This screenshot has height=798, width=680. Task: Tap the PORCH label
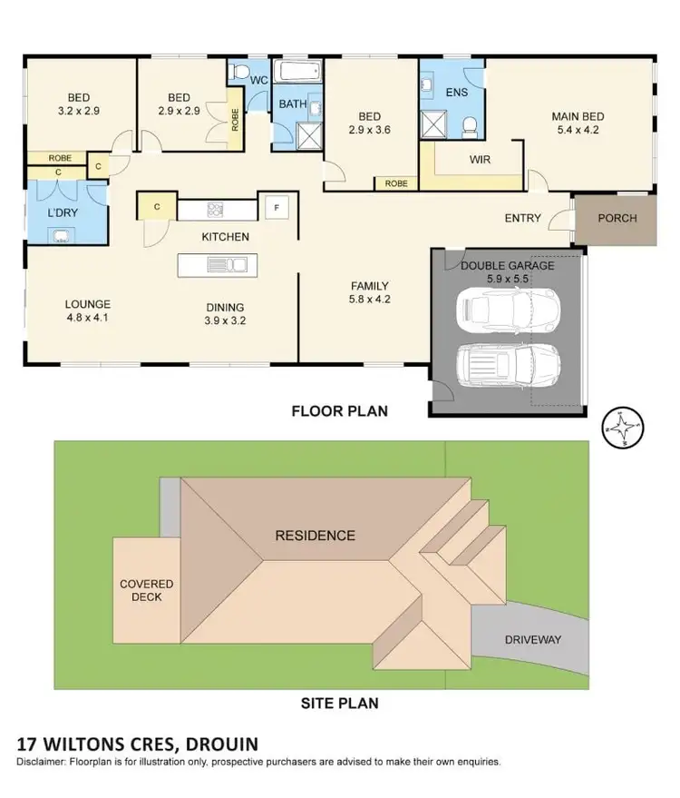(x=617, y=218)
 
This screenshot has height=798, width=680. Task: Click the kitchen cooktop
(x=216, y=210)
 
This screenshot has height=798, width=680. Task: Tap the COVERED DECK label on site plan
(x=146, y=590)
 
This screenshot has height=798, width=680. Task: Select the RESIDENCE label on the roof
(x=315, y=535)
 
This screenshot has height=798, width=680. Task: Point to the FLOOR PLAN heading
(x=339, y=411)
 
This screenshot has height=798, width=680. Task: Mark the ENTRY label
(x=523, y=218)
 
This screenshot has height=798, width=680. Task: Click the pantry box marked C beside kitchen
(x=157, y=206)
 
